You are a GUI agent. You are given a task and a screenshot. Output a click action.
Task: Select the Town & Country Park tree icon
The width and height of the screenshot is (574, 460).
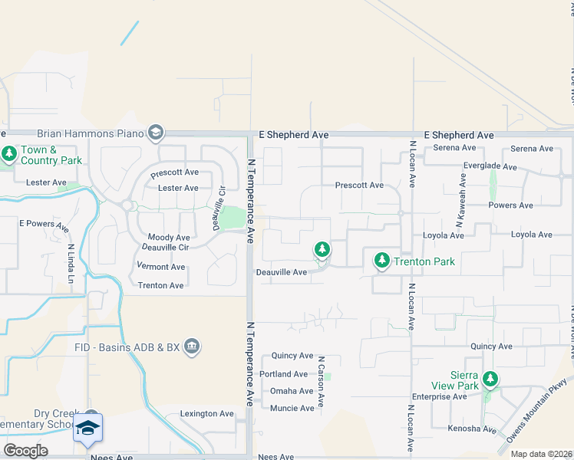tap(9, 154)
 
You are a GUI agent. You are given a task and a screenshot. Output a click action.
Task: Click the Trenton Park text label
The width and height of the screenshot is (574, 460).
tap(424, 261)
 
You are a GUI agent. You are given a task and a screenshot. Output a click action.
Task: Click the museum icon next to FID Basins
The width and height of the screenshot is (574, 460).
tap(192, 347)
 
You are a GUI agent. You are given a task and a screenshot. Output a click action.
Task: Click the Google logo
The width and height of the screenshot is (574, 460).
tap(25, 450)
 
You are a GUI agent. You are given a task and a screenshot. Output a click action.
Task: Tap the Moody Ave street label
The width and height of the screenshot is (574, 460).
tap(168, 238)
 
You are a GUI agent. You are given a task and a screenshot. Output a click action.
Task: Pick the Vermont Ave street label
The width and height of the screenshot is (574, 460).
tap(161, 267)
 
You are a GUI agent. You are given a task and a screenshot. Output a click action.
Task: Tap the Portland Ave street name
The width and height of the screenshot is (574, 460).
tap(284, 374)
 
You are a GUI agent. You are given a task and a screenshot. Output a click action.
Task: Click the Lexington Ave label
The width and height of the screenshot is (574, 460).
tap(206, 414)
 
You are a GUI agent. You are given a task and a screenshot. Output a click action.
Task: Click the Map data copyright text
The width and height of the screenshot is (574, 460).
tap(540, 454)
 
